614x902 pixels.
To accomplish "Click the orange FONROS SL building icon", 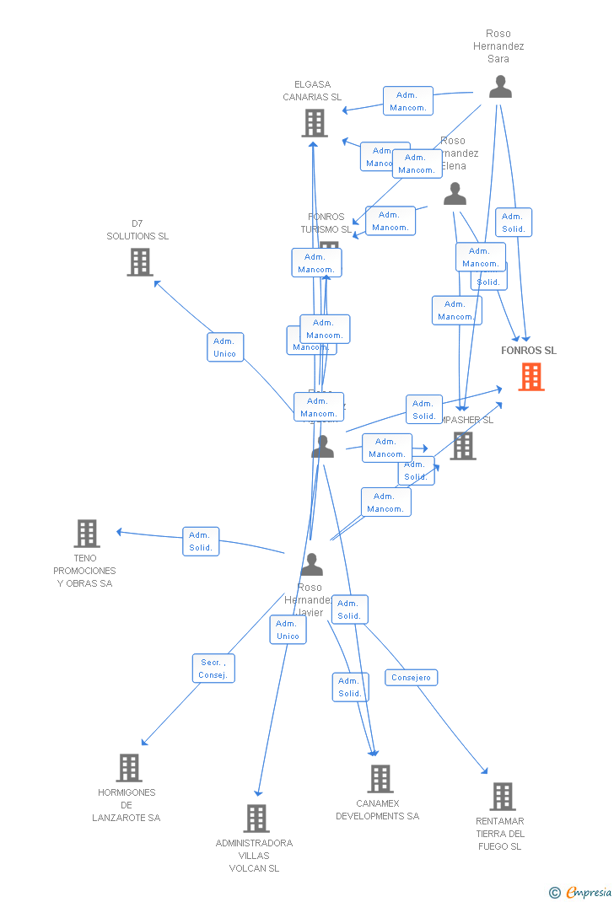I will coord(531,377).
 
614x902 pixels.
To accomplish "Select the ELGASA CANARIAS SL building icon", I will coord(314,123).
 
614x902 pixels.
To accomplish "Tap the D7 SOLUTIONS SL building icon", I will coord(140,262).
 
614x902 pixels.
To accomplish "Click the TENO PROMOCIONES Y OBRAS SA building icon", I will coord(87,534).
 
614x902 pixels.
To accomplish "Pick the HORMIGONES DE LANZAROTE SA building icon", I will coord(128,768).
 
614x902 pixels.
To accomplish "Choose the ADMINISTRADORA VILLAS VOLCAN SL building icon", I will coord(256,818).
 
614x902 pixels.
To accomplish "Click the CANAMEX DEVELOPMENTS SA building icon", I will coord(380,779).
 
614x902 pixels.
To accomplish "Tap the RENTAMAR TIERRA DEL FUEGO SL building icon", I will coord(502,796).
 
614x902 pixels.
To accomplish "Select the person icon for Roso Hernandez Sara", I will coord(500,87).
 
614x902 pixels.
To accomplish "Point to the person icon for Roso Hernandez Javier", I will coord(312,564).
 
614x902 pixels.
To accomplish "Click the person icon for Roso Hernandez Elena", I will coord(455,194).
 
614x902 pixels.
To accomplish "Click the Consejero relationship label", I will coord(412,677).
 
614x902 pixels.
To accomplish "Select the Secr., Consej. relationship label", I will coord(213,668).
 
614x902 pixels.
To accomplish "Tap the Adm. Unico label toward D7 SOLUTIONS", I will coord(225,347).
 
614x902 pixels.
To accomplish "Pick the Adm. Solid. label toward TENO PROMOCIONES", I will coord(201,541).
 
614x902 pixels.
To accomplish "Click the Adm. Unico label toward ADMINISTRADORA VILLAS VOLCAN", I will coord(288,630).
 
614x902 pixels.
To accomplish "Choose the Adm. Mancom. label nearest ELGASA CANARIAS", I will coord(408,101).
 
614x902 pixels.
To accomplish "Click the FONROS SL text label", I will coord(529,351).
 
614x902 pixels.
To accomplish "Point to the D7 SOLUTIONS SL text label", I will coord(137,230).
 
